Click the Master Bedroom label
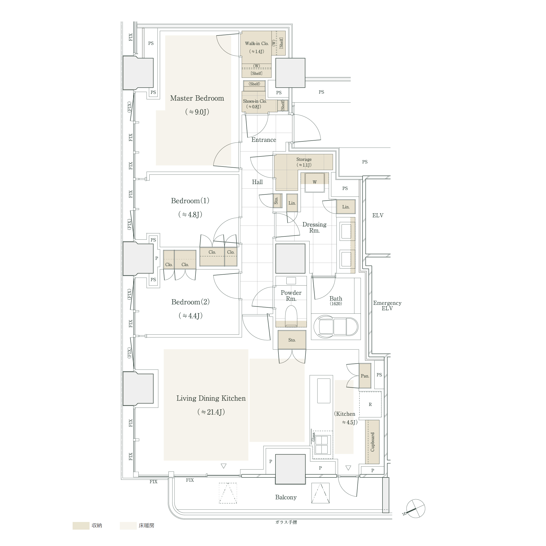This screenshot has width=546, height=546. click(x=197, y=98)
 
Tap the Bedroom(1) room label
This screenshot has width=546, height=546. click(x=190, y=201)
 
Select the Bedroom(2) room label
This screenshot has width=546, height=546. click(x=190, y=302)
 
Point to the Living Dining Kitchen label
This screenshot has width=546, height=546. click(x=211, y=399)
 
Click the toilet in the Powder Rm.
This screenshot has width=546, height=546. click(x=291, y=316)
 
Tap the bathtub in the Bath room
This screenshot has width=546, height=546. click(x=336, y=327)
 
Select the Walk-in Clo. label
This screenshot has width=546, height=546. click(x=257, y=43)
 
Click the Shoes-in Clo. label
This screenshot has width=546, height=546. click(x=255, y=101)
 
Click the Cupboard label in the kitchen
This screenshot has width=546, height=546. click(x=372, y=442)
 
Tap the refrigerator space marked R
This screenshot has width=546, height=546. click(x=370, y=404)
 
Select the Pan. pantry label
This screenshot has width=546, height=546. click(x=365, y=376)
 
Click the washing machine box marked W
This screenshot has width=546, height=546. click(x=314, y=182)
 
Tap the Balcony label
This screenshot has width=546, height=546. click(x=286, y=497)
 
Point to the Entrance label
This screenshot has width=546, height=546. click(x=264, y=140)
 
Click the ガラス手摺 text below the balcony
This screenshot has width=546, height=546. click(x=286, y=522)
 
